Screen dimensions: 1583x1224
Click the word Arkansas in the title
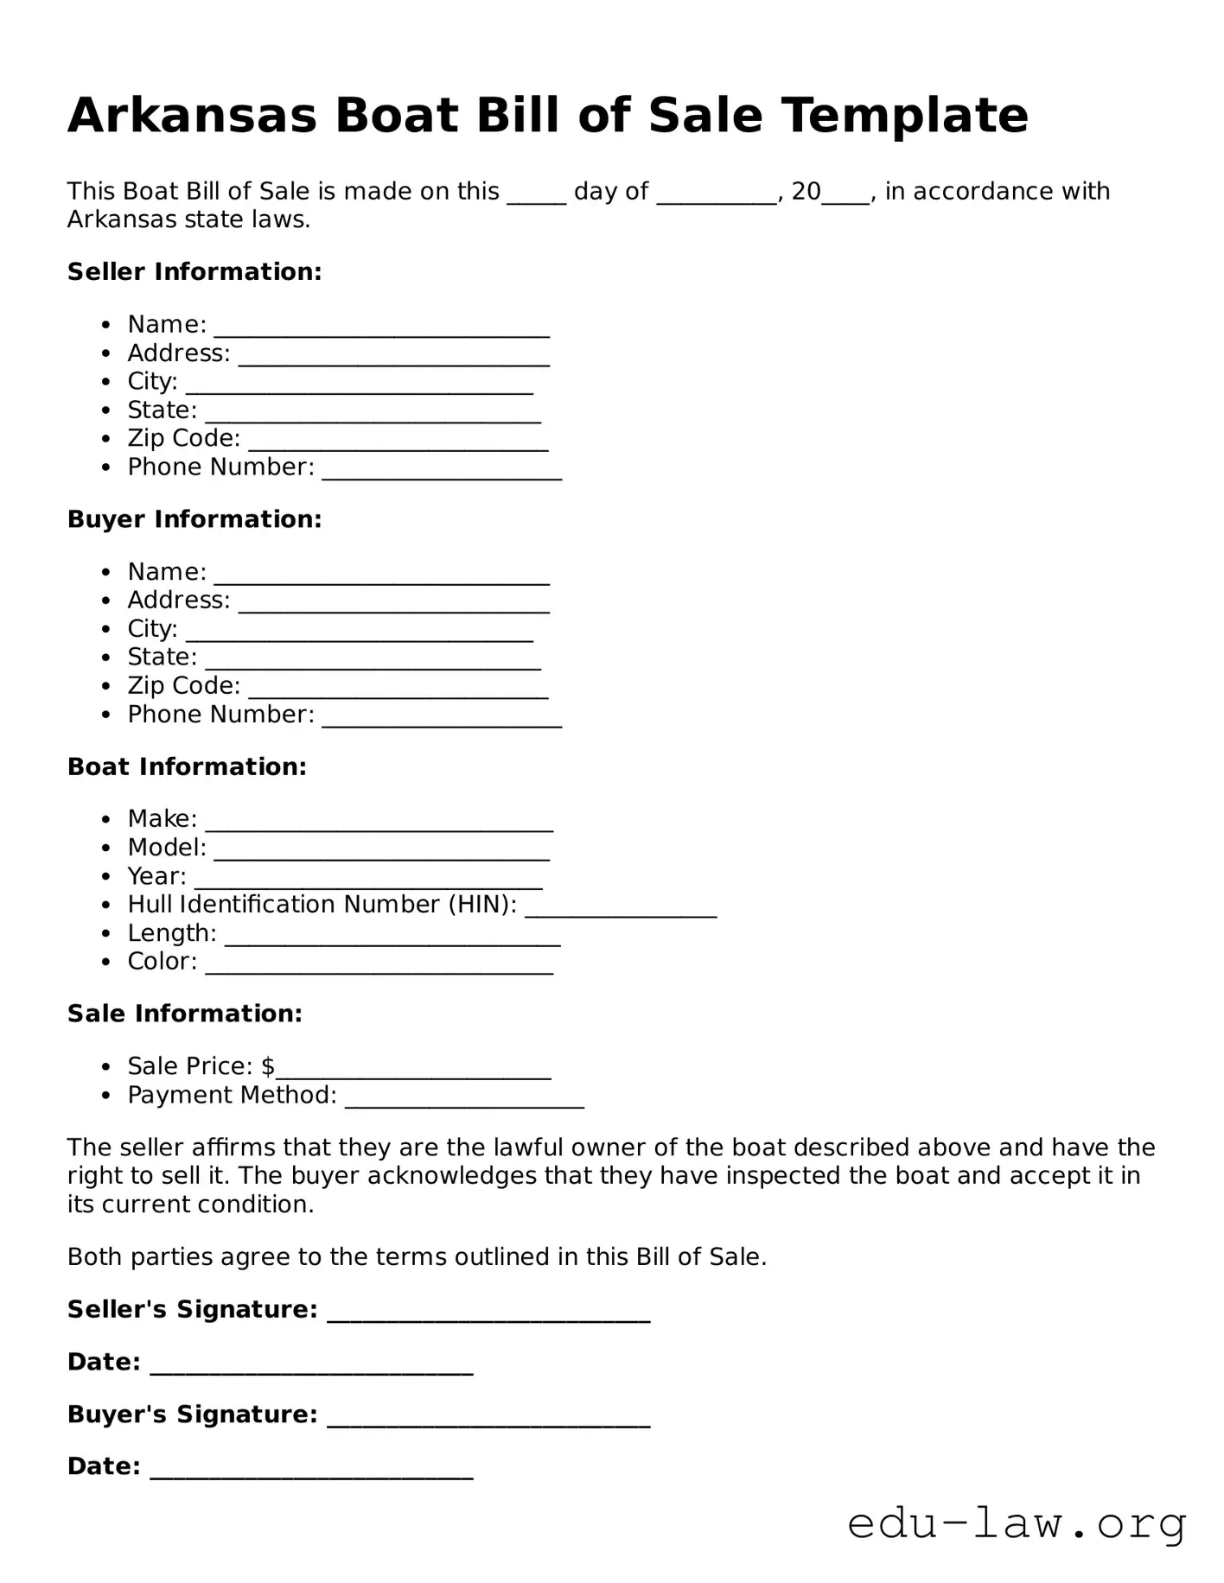(x=192, y=115)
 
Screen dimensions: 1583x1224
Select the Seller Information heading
(x=194, y=271)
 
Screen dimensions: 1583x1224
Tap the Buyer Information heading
(x=194, y=519)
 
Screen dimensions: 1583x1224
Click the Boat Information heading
(x=187, y=766)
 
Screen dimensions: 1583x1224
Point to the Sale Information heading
(x=185, y=1014)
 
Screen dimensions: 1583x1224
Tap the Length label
(x=172, y=933)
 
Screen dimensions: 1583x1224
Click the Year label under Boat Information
(x=156, y=876)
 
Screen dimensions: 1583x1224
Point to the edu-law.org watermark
(x=1017, y=1523)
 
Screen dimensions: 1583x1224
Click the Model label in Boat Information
(x=167, y=848)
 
